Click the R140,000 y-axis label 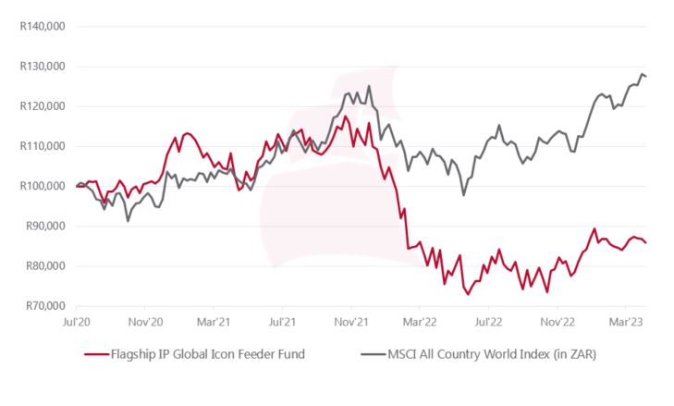point(42,26)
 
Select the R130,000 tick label point(42,67)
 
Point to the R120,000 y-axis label point(42,106)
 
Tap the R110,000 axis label point(42,146)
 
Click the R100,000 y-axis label point(42,186)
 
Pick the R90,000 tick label point(44,226)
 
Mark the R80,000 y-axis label point(44,266)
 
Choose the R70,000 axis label point(44,306)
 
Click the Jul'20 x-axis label point(76,323)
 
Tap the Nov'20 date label point(145,323)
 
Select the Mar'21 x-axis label point(214,323)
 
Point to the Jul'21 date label point(282,323)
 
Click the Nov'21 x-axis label point(350,323)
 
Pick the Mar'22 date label point(420,323)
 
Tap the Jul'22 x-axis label point(487,323)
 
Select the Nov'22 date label point(557,323)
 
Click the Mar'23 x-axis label point(625,323)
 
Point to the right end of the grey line point(645,76)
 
